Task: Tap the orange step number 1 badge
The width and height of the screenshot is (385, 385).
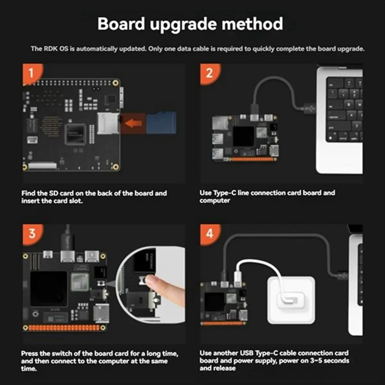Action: (31, 73)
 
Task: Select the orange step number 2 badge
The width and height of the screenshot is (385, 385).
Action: (209, 73)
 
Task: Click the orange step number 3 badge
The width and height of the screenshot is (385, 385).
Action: (32, 233)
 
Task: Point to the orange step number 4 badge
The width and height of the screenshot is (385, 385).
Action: (210, 233)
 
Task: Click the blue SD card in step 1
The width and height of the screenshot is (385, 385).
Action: (162, 123)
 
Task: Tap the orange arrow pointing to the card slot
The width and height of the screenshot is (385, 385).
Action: (133, 123)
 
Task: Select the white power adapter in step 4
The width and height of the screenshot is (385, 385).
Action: (291, 300)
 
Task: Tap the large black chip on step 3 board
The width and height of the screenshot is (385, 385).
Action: (49, 289)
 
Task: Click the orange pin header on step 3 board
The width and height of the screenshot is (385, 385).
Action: (64, 328)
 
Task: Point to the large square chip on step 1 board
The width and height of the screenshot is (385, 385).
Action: (75, 134)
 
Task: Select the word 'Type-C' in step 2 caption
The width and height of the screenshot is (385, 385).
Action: (225, 193)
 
